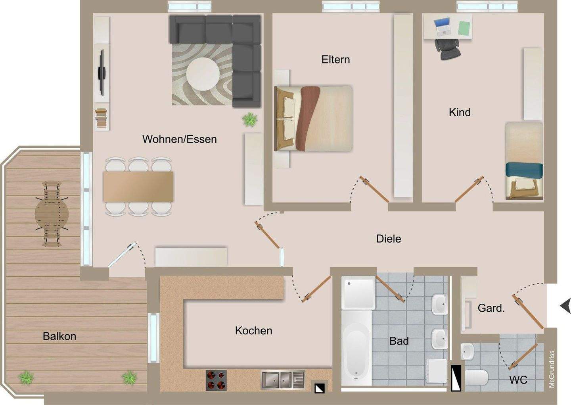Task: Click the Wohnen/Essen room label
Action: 179,139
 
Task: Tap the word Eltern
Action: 335,60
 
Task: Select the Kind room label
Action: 460,112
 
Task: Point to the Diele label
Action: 388,239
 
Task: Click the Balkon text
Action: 59,336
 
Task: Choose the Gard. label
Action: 491,308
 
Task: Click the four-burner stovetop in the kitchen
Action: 216,380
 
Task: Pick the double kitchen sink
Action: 282,380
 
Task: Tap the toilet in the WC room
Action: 475,378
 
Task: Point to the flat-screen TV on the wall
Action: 102,73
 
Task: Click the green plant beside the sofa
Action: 250,119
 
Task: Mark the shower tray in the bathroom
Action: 359,293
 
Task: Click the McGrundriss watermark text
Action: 551,369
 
